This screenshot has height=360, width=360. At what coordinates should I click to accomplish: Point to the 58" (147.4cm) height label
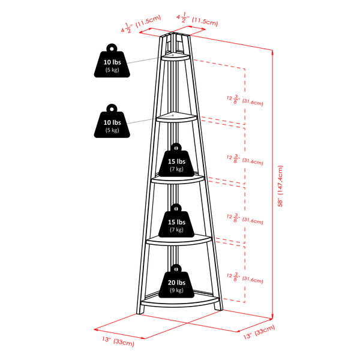(280, 185)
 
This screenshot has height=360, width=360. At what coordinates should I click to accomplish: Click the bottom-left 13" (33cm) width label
(118, 342)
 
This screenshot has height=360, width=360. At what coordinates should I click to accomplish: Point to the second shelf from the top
(176, 118)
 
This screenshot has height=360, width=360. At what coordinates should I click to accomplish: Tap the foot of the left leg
(137, 310)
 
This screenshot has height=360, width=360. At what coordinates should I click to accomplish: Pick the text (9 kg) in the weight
(175, 290)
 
